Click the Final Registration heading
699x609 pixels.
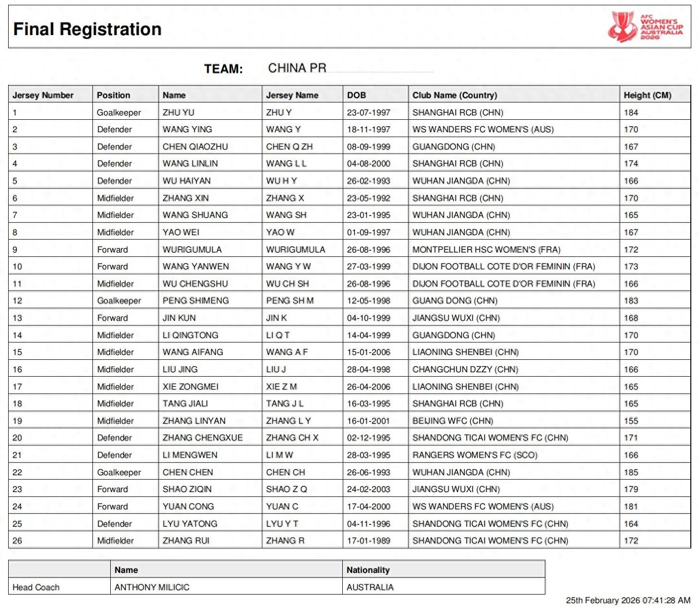pos(87,29)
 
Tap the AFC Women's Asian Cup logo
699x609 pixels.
pos(645,27)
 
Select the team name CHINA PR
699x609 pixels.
pos(297,68)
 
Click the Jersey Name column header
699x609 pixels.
pos(292,95)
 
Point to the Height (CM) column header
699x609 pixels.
pos(647,95)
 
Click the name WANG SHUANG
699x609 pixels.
pos(195,215)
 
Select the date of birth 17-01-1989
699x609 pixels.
pos(368,541)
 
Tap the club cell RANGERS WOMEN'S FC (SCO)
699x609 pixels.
pos(475,455)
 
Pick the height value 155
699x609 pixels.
pos(631,421)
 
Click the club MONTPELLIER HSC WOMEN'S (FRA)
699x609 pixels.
pos(486,250)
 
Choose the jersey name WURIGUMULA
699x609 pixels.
pos(296,250)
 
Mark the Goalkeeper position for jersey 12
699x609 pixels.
pos(119,301)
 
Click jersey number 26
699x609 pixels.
pos(17,541)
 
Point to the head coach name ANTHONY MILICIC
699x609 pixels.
pos(152,587)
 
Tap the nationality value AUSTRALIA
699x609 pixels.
pos(370,587)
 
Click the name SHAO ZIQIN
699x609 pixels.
pos(187,489)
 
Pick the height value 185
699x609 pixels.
pos(631,472)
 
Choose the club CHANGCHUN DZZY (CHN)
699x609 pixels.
pos(465,369)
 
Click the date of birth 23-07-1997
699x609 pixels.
pos(368,113)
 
